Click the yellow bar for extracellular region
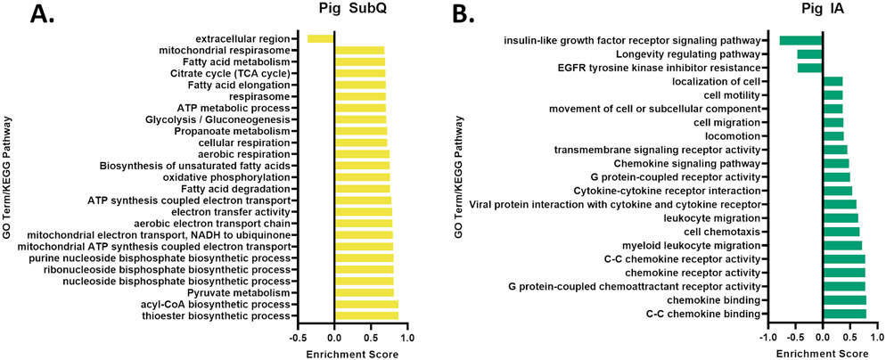pyautogui.click(x=321, y=38)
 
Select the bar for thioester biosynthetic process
pyautogui.click(x=366, y=315)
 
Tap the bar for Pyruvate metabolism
pyautogui.click(x=364, y=292)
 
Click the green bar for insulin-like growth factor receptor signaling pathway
pyautogui.click(x=800, y=40)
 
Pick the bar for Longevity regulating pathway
pyautogui.click(x=809, y=54)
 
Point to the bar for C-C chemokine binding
pyautogui.click(x=844, y=314)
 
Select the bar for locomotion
pyautogui.click(x=833, y=136)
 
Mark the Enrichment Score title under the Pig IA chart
pyautogui.click(x=822, y=353)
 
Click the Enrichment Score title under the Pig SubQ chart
pyautogui.click(x=333, y=353)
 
